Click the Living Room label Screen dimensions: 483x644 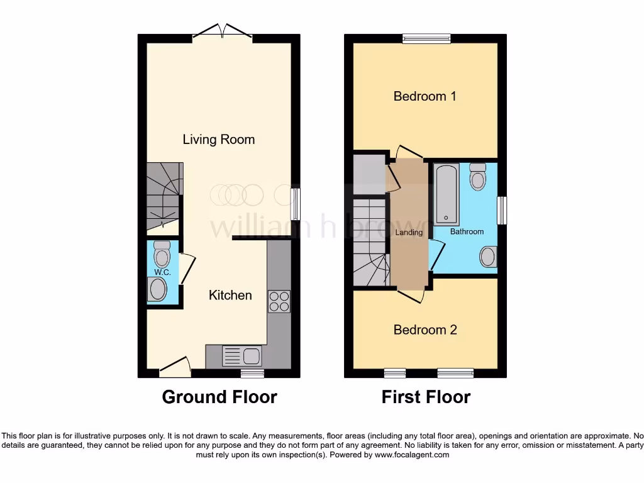pos(218,139)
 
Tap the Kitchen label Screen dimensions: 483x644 pos(230,295)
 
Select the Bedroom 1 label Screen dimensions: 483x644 pos(425,96)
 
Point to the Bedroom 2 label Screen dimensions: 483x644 pos(425,330)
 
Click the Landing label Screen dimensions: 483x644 pos(409,232)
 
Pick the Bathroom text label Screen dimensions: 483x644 pos(467,231)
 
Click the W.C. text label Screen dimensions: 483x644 pos(163,272)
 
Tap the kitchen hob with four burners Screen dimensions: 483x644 pos(279,301)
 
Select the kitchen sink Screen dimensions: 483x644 pos(242,356)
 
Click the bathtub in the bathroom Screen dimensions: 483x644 pos(447,194)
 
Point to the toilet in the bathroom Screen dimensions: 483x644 pos(478,177)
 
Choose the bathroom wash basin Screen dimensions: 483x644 pos(487,257)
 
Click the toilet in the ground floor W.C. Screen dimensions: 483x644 pos(163,254)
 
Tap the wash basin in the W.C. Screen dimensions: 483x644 pos(157,290)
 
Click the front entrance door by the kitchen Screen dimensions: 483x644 pos(175,369)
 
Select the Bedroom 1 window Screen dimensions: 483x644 pos(426,38)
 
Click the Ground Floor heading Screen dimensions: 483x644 pos(219,397)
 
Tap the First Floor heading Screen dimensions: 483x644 pos(426,397)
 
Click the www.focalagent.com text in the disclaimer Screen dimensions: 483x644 pos(413,455)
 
